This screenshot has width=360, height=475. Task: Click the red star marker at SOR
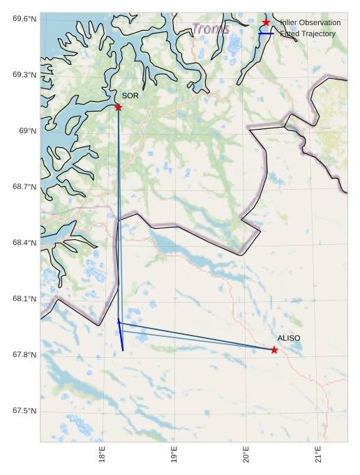pos(118,107)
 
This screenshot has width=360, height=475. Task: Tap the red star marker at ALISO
pos(274,349)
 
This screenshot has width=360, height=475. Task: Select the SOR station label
pos(130,96)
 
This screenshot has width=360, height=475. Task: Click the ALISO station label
pos(289,338)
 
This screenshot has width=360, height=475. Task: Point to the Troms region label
pos(210,29)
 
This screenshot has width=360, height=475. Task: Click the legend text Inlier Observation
pos(310,23)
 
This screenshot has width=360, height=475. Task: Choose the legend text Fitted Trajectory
pos(308,33)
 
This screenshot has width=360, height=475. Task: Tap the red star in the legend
pos(266,22)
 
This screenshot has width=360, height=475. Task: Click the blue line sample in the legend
pos(266,33)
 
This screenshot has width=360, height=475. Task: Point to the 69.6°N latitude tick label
pos(24,19)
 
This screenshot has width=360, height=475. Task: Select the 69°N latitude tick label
pos(27,131)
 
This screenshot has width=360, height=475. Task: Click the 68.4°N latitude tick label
pos(24,243)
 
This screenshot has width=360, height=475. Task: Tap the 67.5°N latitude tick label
pos(24,411)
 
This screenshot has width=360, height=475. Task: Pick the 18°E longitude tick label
pos(103,454)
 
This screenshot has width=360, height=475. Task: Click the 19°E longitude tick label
pos(174,454)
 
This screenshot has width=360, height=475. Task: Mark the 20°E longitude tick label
pos(246,454)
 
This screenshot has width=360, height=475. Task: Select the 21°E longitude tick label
pos(318,454)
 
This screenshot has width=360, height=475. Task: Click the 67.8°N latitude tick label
pos(24,355)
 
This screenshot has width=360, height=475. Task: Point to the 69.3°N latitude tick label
pos(24,75)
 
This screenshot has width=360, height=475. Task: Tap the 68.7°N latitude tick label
pos(24,187)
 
